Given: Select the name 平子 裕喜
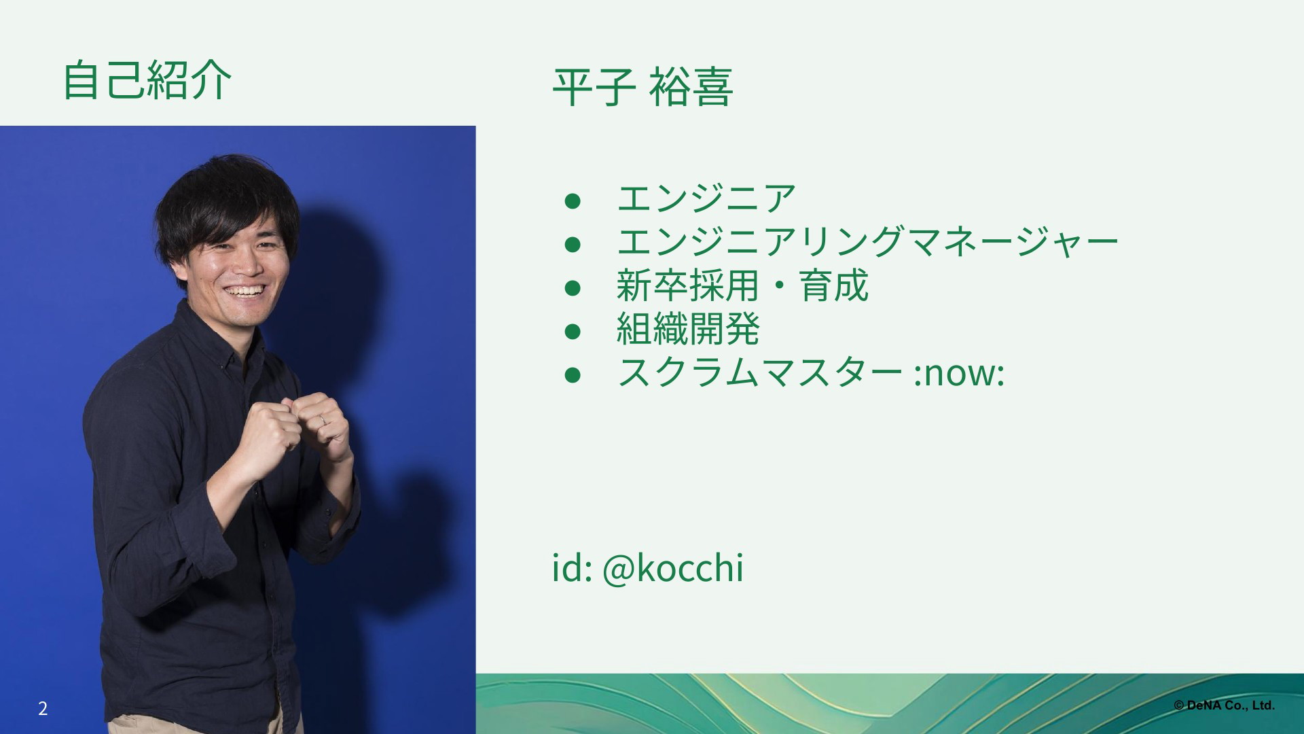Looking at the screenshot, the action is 642,88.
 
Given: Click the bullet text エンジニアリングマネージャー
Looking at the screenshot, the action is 867,241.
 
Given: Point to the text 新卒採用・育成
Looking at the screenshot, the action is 742,285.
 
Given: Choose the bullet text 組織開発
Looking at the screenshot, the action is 688,329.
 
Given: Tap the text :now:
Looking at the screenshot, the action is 959,374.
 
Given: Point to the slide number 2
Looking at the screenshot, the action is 43,708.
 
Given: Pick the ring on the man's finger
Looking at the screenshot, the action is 324,419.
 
